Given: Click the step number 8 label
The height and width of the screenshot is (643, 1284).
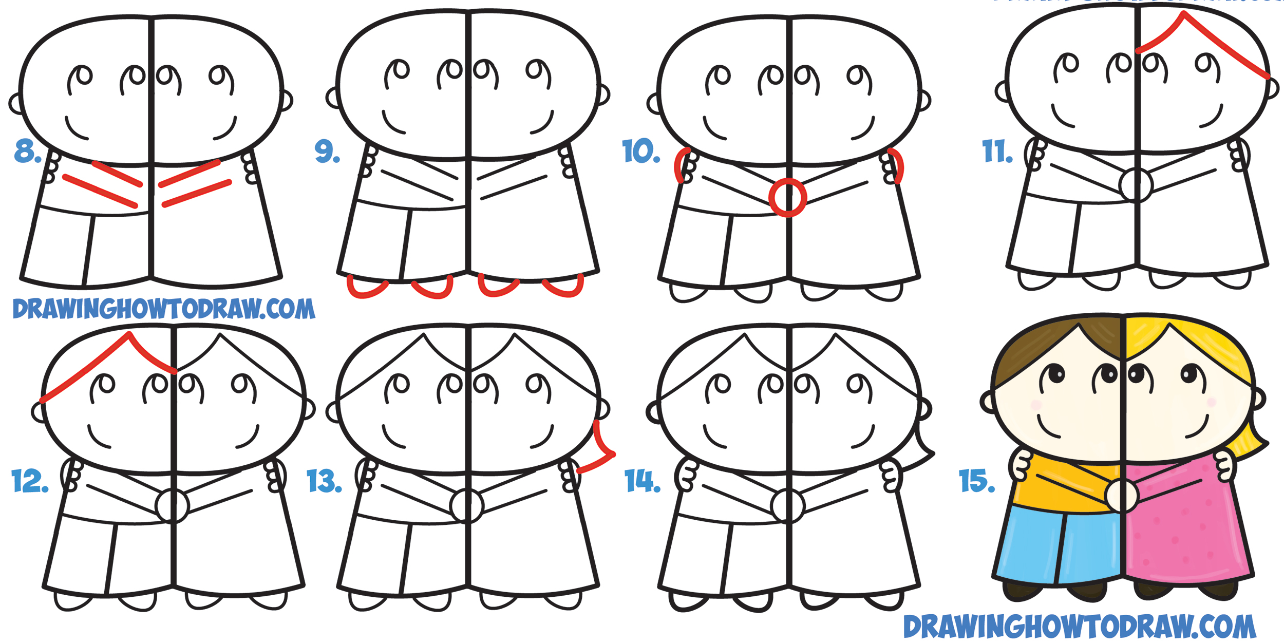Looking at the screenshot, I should (x=27, y=151).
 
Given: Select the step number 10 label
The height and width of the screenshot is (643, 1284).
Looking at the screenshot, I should (x=640, y=151).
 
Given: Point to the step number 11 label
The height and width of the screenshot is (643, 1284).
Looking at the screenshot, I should (x=997, y=152).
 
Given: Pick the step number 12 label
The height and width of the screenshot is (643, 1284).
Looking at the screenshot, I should (x=30, y=481).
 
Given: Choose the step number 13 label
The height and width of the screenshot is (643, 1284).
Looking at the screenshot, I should (x=324, y=481).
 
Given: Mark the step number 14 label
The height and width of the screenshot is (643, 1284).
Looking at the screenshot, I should (x=642, y=481).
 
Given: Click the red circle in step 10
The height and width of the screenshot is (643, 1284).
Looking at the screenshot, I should (x=787, y=197).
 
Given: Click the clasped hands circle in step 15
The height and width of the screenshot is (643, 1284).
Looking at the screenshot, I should (x=1122, y=496).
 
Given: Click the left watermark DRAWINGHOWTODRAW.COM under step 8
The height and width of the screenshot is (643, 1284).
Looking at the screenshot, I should (x=163, y=309).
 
